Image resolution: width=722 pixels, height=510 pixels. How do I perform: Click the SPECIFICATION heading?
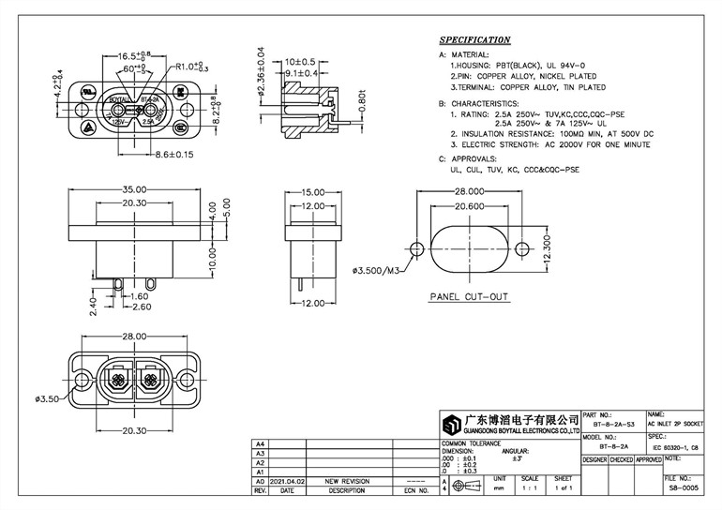[475, 40]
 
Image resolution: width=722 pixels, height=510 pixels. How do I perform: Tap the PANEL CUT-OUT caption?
[468, 297]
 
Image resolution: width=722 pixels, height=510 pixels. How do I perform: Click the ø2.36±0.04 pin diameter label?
[262, 78]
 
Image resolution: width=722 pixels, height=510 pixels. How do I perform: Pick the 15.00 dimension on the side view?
[312, 192]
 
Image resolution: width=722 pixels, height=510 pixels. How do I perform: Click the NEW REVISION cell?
[347, 481]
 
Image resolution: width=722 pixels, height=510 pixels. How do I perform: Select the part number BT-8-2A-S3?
[613, 425]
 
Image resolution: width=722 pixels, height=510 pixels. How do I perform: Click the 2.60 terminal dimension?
[141, 307]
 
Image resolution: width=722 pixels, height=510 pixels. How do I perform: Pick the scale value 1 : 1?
[530, 489]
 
